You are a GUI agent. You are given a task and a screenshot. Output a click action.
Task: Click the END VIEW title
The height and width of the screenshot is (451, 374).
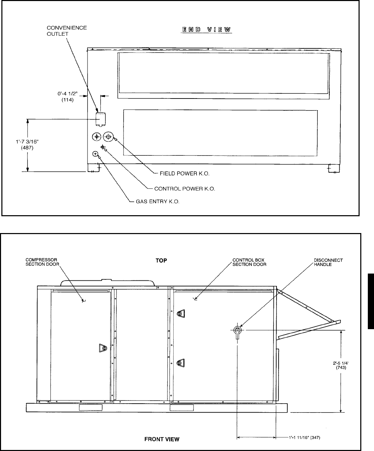207,30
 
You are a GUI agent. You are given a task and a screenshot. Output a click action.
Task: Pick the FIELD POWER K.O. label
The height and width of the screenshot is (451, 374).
185,174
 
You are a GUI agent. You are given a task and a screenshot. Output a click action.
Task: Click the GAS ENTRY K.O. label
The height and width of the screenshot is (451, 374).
156,201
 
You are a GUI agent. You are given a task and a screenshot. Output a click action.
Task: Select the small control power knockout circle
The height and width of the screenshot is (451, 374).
102,147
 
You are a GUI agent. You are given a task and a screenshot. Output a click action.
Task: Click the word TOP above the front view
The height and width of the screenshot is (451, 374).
161,261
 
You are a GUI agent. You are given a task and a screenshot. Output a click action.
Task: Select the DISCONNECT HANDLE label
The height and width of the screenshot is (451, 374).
328,262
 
